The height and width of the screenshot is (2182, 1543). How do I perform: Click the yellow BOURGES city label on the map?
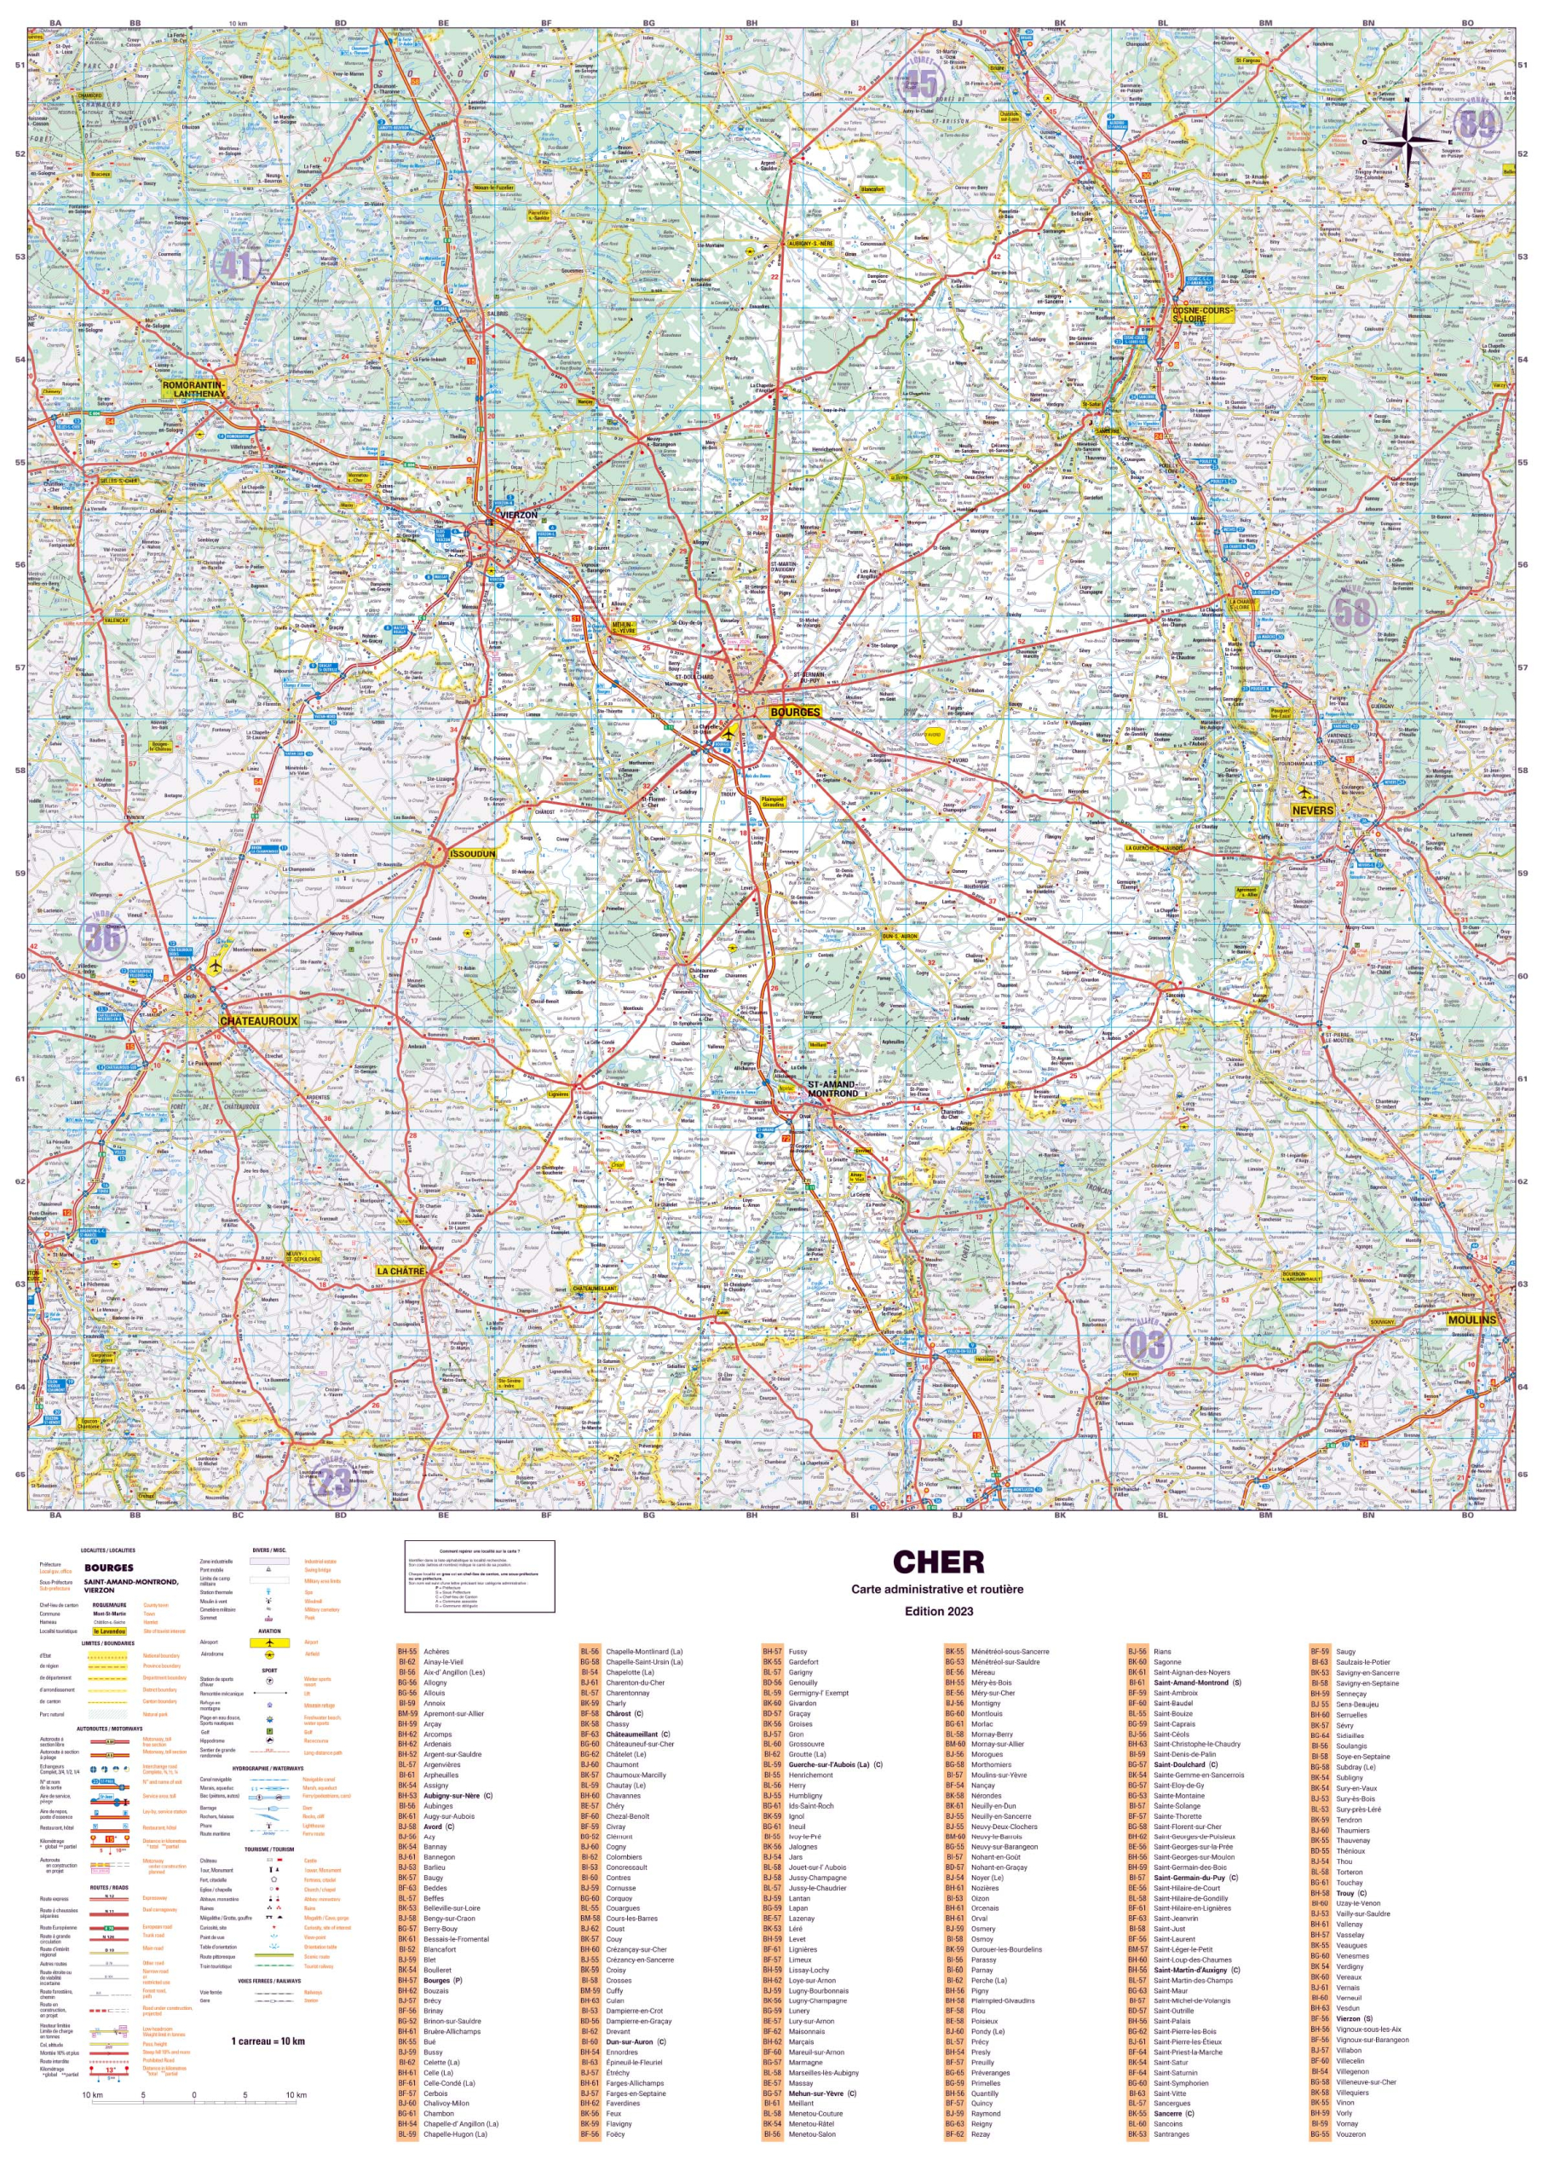[794, 712]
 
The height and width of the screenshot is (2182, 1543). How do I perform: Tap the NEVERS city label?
[1312, 811]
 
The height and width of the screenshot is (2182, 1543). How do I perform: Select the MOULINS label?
[1471, 1320]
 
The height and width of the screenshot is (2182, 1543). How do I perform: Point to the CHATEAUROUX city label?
[258, 1020]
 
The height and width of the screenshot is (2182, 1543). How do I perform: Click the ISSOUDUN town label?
[472, 854]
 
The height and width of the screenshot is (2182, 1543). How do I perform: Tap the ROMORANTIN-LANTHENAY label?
[193, 389]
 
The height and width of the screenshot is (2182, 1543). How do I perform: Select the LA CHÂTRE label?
[400, 1271]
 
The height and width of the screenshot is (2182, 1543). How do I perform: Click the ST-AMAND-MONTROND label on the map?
[832, 1089]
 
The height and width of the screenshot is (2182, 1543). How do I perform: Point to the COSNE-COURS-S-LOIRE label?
[1202, 315]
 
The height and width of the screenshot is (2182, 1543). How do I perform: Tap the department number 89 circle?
[1477, 124]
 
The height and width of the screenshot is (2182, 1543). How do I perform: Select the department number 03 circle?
[1146, 1344]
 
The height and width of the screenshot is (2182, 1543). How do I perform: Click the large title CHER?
[938, 1563]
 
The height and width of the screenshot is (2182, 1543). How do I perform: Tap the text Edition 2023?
[938, 1612]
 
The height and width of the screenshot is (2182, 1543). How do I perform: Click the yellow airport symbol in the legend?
[270, 1642]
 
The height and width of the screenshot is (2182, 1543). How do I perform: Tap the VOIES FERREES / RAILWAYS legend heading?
[270, 1982]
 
